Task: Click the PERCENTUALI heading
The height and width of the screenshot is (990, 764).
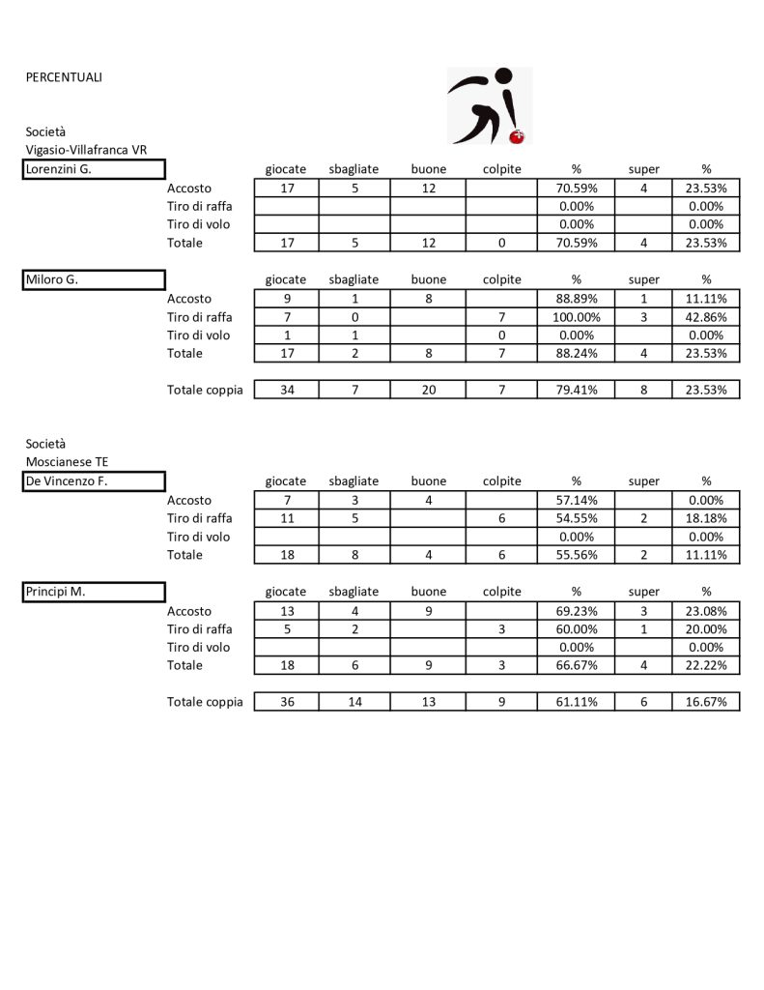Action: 64,77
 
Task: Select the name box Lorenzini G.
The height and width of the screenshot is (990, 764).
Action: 95,170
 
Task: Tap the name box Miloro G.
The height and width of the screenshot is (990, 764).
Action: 95,280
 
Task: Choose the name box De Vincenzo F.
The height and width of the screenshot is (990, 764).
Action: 95,481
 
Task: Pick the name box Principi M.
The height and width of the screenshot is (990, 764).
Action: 95,592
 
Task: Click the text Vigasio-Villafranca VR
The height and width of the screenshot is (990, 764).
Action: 86,150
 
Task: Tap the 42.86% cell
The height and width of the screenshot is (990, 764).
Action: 706,317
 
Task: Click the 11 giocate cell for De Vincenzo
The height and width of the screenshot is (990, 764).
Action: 286,519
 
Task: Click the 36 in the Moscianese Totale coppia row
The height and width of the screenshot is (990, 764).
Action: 286,702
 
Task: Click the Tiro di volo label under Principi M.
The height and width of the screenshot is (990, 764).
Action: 199,648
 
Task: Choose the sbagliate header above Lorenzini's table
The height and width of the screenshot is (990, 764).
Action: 354,170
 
